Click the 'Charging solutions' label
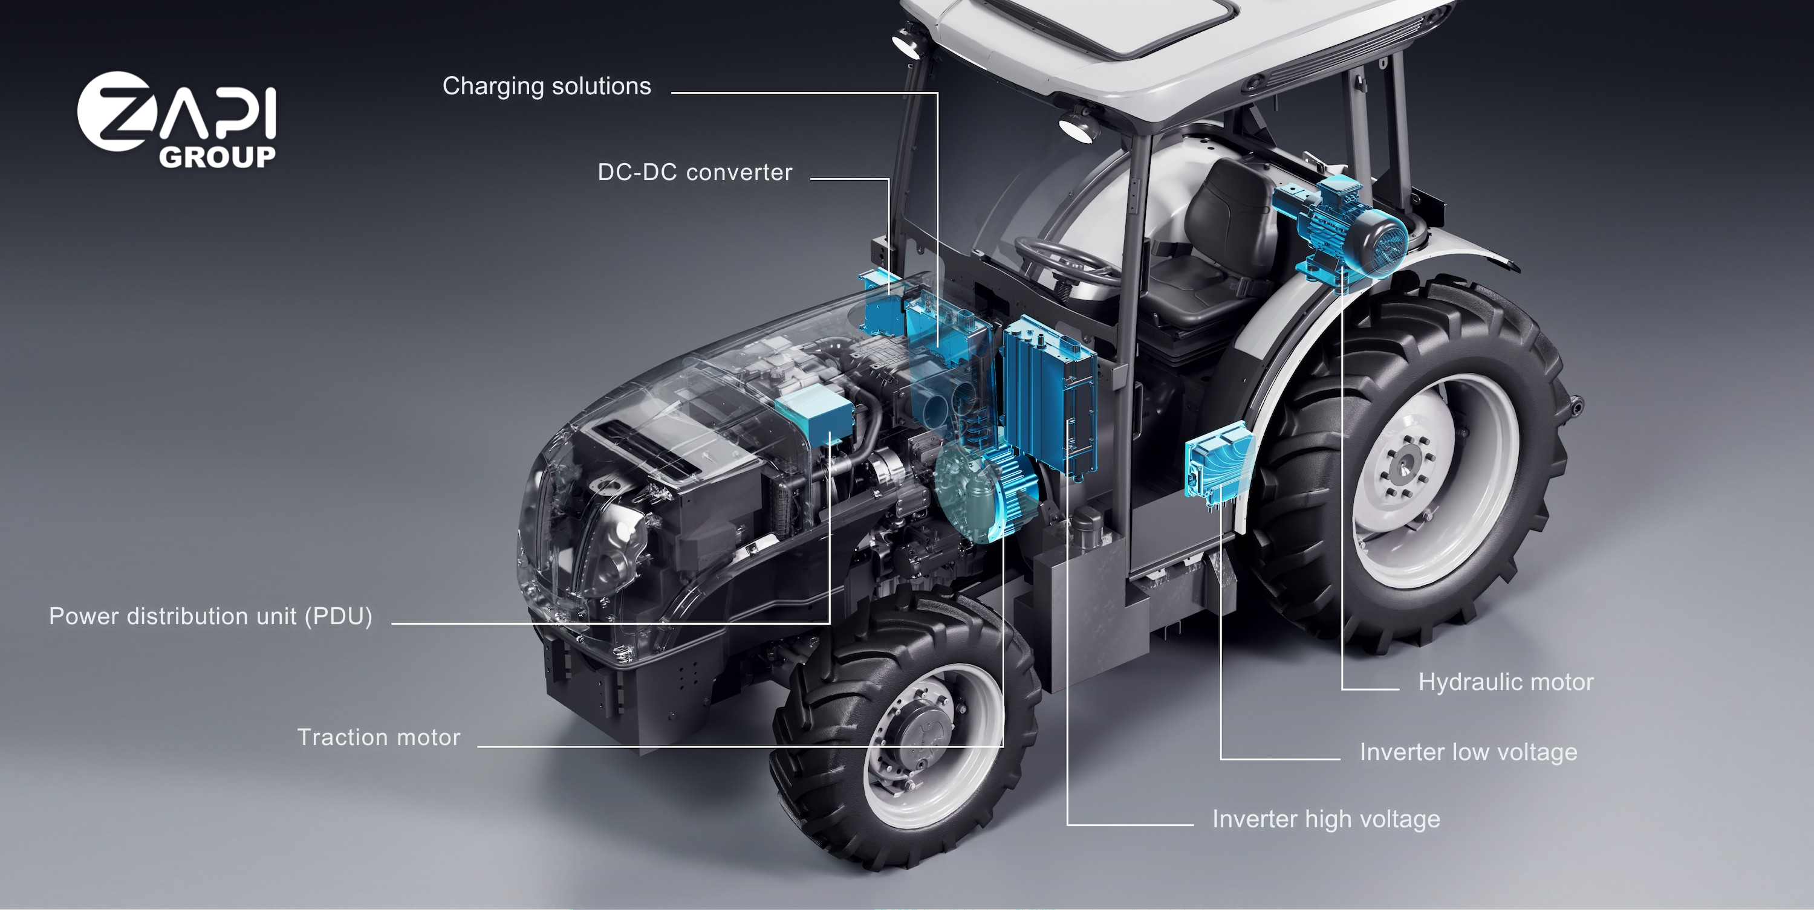point(547,86)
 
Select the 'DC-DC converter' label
point(695,172)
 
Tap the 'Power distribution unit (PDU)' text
point(210,616)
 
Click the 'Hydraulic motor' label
point(1506,682)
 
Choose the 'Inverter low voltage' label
point(1468,752)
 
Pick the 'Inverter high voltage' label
point(1326,819)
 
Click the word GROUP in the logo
point(217,157)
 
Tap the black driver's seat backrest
point(1228,211)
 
